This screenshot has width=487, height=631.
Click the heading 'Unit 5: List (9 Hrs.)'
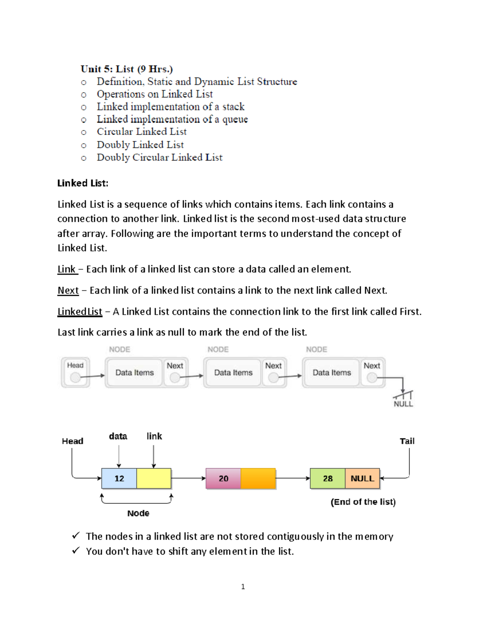click(x=127, y=69)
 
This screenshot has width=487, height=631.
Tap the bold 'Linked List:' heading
click(x=83, y=183)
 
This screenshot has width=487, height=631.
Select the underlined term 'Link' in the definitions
click(x=67, y=269)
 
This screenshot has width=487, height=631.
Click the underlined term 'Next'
click(x=68, y=290)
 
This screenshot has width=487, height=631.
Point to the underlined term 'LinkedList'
click(x=80, y=312)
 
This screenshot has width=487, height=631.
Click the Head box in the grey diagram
click(x=75, y=372)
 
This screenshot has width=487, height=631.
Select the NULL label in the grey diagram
click(x=403, y=404)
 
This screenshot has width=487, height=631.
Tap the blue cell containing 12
click(x=119, y=478)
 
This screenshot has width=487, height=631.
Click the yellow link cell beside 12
click(x=154, y=478)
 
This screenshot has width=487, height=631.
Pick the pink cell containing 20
click(x=223, y=478)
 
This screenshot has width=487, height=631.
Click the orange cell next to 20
click(x=258, y=478)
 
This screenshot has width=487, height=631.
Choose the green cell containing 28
click(x=328, y=478)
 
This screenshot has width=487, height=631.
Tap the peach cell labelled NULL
click(x=362, y=478)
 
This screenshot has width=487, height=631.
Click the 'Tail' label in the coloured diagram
click(x=407, y=441)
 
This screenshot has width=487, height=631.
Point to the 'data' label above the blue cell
click(x=118, y=436)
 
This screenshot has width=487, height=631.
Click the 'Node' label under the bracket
click(x=138, y=513)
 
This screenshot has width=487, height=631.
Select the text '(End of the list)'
click(x=363, y=502)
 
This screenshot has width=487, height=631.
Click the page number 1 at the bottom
click(x=243, y=587)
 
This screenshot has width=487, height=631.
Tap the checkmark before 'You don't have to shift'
click(x=76, y=551)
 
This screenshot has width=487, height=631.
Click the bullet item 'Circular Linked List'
click(x=142, y=132)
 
